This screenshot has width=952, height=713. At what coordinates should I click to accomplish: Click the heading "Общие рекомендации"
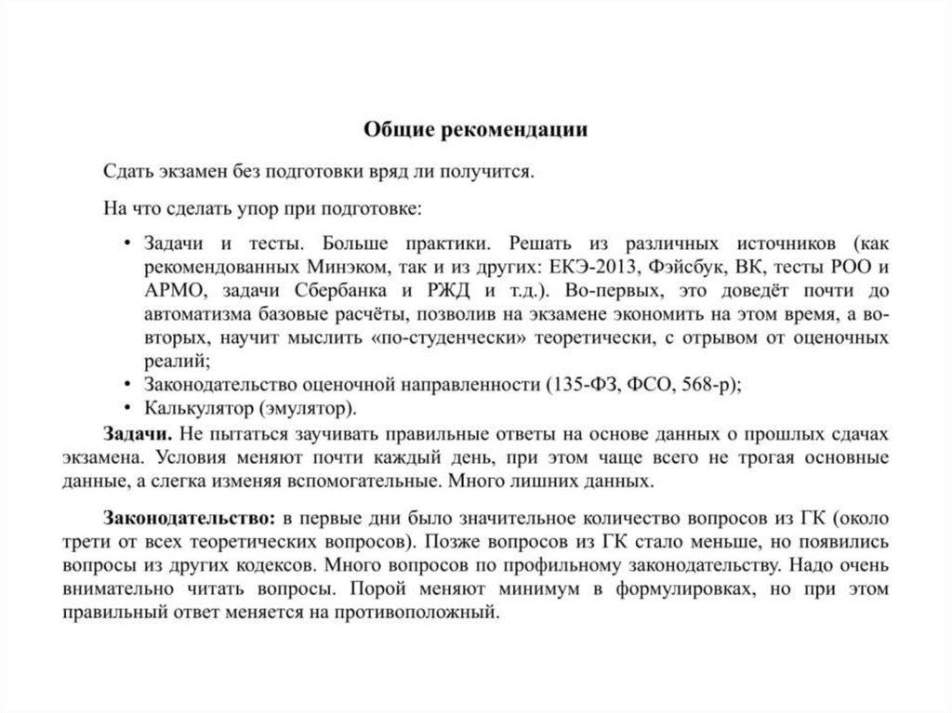(x=475, y=129)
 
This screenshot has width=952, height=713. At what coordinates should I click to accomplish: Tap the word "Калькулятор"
(x=198, y=408)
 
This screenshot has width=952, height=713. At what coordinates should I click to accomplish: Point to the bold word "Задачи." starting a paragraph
(x=136, y=434)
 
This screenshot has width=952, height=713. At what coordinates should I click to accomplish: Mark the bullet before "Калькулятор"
(x=127, y=408)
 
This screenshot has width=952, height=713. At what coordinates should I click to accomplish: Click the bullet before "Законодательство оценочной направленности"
(x=127, y=384)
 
